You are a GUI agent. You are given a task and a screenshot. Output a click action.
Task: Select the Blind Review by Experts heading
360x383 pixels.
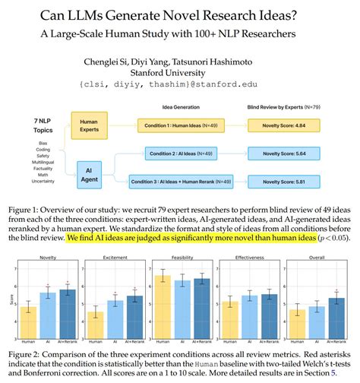[x=289, y=106]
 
